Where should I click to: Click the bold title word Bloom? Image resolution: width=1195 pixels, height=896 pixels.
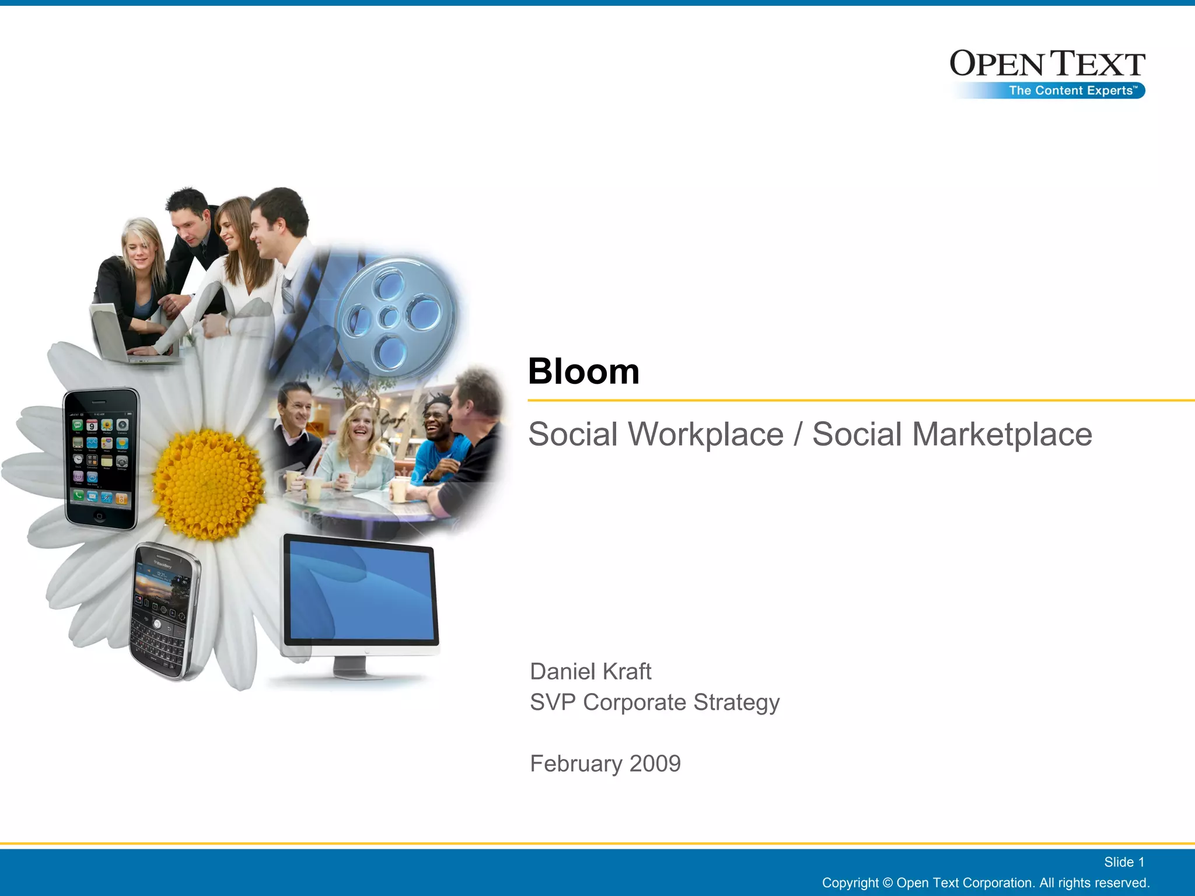pyautogui.click(x=583, y=372)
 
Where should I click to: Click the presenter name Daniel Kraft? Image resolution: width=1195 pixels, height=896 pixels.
pyautogui.click(x=590, y=671)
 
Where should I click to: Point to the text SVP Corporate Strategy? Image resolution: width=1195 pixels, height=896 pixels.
pyautogui.click(x=654, y=702)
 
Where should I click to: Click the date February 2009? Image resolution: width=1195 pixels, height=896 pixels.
pyautogui.click(x=605, y=764)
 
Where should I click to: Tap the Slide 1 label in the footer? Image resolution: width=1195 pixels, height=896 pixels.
pyautogui.click(x=1124, y=862)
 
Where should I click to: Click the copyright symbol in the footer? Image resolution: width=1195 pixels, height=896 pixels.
pyautogui.click(x=887, y=883)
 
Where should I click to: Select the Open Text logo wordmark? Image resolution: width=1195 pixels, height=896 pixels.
pyautogui.click(x=1047, y=64)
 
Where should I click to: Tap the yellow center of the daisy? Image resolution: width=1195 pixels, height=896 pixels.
pyautogui.click(x=208, y=484)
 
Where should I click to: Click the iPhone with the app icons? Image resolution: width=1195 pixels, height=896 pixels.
pyautogui.click(x=100, y=458)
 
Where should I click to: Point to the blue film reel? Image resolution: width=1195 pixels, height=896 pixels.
pyautogui.click(x=397, y=315)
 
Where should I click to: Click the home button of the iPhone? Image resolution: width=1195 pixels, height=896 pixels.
pyautogui.click(x=99, y=516)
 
